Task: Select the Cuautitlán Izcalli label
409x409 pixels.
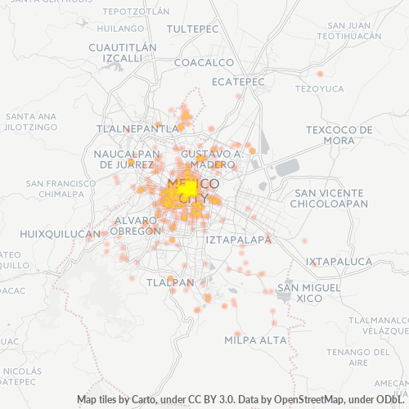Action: pos(122,53)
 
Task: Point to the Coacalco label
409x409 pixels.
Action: pos(204,63)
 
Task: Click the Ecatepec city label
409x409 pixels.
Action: pos(238,82)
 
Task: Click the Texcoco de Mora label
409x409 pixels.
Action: pos(339,135)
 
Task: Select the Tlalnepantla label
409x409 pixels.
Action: pos(137,129)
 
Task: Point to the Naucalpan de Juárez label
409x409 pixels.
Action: pos(127,159)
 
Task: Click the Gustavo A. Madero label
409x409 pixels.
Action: pos(212,159)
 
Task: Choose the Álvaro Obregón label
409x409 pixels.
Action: pos(137,226)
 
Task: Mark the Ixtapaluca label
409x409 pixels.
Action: pos(339,262)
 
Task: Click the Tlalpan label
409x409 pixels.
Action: pos(169,282)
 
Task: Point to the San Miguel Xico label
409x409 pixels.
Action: pos(309,294)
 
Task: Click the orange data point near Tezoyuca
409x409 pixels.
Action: pos(320,74)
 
